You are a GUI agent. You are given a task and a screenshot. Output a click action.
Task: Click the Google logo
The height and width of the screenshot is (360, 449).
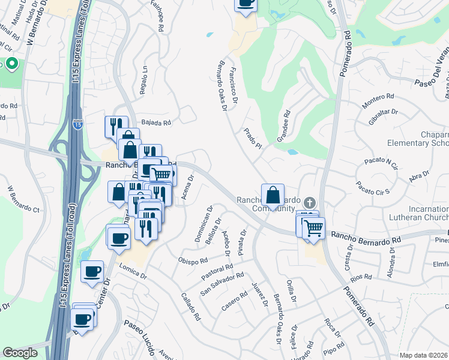[20, 353]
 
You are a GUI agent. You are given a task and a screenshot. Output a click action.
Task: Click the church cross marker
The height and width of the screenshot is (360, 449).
[310, 203]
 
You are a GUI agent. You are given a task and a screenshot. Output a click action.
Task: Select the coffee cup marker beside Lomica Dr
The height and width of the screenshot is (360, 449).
[92, 272]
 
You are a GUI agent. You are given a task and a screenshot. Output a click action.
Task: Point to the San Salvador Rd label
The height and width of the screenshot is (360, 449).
[222, 284]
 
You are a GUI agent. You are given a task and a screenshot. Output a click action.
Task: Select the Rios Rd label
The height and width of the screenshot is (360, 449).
[362, 277]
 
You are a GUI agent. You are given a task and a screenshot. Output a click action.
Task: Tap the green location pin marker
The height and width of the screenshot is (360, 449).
[12, 64]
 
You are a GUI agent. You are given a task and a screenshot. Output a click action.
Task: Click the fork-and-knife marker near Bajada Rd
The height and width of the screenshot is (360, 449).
[116, 126]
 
